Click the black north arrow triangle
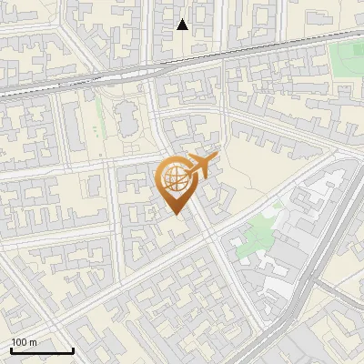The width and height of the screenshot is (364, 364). point(183,25)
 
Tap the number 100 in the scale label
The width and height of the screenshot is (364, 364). point(19,342)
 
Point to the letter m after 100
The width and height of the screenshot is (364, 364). point(33,342)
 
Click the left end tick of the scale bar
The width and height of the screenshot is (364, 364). point(11,349)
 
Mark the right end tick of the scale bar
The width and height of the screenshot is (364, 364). point(73,349)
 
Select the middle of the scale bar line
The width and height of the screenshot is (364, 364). point(42,351)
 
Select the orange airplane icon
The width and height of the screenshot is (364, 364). point(200,166)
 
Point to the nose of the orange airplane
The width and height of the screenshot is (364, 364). point(217,158)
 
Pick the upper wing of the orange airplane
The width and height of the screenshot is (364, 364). point(197,156)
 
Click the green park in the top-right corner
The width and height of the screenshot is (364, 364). point(345,58)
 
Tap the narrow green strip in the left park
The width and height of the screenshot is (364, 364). point(99,128)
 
